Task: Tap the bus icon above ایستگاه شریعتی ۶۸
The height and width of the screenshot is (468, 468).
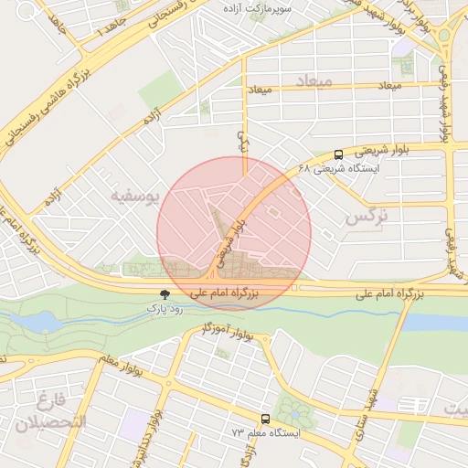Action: click(x=339, y=155)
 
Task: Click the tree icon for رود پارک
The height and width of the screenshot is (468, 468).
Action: click(x=165, y=294)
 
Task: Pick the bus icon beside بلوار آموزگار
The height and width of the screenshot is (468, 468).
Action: click(x=266, y=339)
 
